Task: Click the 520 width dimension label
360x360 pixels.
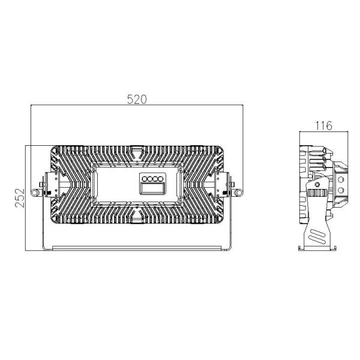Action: pyautogui.click(x=137, y=100)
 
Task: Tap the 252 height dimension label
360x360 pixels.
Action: pyautogui.click(x=20, y=198)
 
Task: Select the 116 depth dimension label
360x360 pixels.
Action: pyautogui.click(x=324, y=125)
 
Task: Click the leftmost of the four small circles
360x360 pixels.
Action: pyautogui.click(x=145, y=179)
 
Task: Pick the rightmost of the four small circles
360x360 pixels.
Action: pyautogui.click(x=161, y=179)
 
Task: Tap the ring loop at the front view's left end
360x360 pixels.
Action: pyautogui.click(x=34, y=192)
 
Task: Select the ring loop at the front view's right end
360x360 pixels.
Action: pyautogui.click(x=239, y=192)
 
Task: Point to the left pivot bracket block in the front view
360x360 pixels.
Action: pyautogui.click(x=52, y=185)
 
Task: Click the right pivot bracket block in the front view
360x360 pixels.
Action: pyautogui.click(x=222, y=185)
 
